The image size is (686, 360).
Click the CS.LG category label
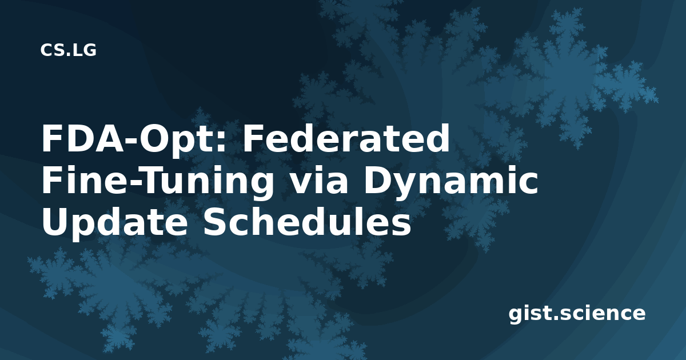(x=68, y=50)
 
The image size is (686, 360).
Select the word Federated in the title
(x=346, y=138)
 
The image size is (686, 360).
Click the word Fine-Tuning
(x=157, y=181)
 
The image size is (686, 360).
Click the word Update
(x=114, y=223)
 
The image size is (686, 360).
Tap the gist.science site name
(x=577, y=314)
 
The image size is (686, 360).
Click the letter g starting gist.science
(x=516, y=316)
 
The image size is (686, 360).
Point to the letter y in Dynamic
(x=404, y=187)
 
